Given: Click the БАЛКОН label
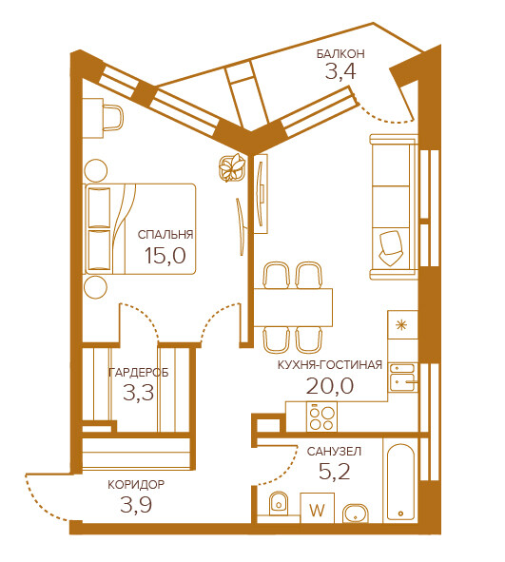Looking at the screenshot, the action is tap(340, 54).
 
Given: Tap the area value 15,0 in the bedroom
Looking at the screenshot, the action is tap(165, 256).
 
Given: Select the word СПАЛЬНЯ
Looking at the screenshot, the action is tap(165, 235).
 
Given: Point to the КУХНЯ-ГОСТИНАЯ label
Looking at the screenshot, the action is tap(330, 365).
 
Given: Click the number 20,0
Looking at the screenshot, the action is tap(330, 386).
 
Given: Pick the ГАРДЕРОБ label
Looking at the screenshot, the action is tap(138, 373).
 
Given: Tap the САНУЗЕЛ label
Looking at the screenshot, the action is tap(334, 452).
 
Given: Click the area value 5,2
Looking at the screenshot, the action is tap(335, 472).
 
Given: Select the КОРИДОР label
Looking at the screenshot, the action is tap(136, 485).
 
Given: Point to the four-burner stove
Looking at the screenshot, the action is tap(321, 417).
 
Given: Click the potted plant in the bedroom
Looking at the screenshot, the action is tap(232, 167).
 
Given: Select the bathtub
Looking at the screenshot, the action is tap(400, 482).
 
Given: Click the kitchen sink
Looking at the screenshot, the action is tap(403, 378).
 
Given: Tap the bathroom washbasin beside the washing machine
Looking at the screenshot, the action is tap(355, 514).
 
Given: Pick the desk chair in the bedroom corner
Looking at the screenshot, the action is tap(112, 118).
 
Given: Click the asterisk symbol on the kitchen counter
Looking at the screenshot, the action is tap(401, 325).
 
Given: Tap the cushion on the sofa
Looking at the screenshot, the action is tap(391, 248).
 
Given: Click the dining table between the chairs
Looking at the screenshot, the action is tap(293, 307).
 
